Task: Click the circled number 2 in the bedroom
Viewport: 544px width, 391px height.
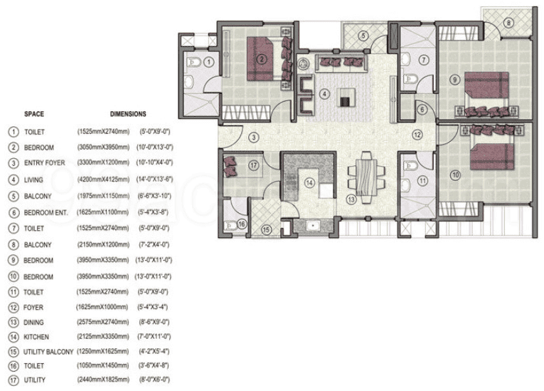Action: (x=262, y=59)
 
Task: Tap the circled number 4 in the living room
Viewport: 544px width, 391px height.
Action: (x=324, y=93)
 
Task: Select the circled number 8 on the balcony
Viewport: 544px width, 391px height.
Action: (x=508, y=23)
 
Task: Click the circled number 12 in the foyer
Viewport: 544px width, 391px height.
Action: (x=417, y=133)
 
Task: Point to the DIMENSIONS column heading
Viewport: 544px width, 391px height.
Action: (x=128, y=113)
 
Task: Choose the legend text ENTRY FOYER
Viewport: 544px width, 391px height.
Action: (x=44, y=163)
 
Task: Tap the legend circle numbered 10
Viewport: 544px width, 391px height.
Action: (x=12, y=276)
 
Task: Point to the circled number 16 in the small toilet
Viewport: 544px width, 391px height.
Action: (x=242, y=224)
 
